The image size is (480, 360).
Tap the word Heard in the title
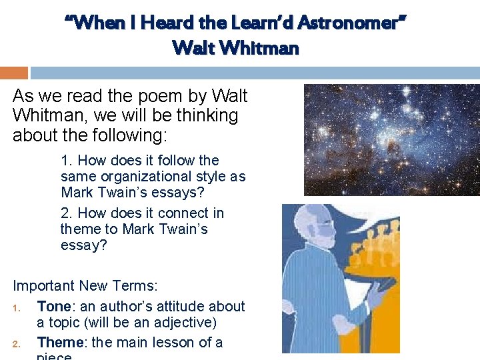pos(148,23)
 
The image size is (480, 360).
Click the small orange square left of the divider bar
pos(13,73)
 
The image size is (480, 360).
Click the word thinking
pos(207,115)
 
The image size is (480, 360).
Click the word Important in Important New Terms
pos(44,286)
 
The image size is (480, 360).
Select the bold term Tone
pos(54,307)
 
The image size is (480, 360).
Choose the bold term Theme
pos(61,343)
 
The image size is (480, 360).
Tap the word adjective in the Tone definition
pos(183,323)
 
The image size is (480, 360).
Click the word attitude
pos(168,307)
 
